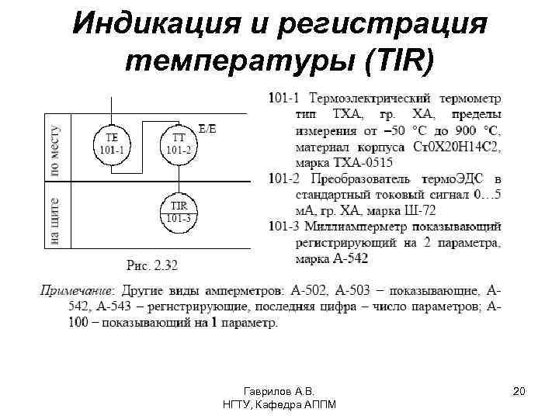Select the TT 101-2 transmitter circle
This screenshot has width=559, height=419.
click(x=179, y=142)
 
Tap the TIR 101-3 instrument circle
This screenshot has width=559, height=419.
click(x=179, y=211)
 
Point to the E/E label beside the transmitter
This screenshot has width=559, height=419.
click(x=207, y=130)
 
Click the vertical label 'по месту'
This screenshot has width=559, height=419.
click(x=55, y=151)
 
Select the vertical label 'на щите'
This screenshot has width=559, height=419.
click(x=55, y=220)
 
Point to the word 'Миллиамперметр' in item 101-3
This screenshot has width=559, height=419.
click(x=358, y=227)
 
